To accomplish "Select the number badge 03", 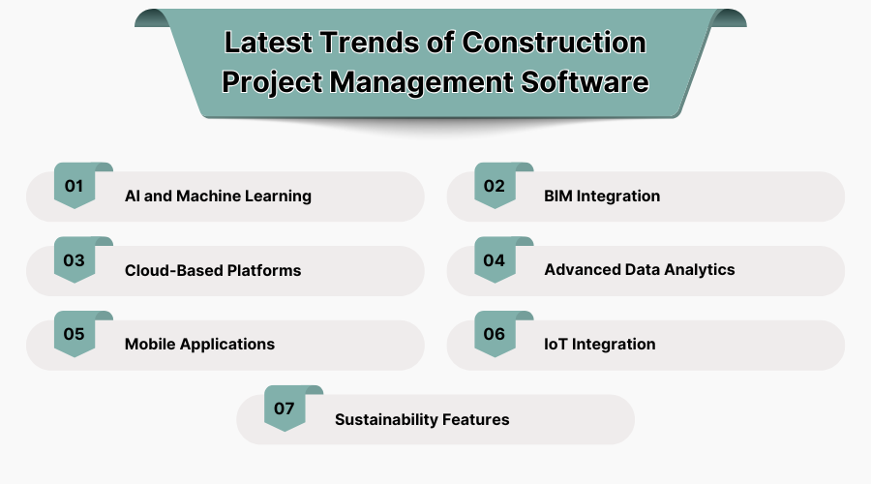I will pyautogui.click(x=75, y=260).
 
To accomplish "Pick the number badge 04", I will pyautogui.click(x=495, y=260).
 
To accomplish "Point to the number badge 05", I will pyautogui.click(x=75, y=334).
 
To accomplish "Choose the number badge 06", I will pyautogui.click(x=495, y=334).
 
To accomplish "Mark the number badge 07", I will pyautogui.click(x=285, y=408).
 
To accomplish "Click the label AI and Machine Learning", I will pyautogui.click(x=218, y=196).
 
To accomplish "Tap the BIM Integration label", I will pyautogui.click(x=602, y=196).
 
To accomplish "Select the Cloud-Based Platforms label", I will pyautogui.click(x=213, y=270).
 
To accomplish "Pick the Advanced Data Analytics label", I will pyautogui.click(x=640, y=270).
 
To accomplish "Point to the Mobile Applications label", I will pyautogui.click(x=199, y=344).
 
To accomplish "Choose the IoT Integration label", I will pyautogui.click(x=600, y=344).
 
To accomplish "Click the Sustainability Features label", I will pyautogui.click(x=422, y=419).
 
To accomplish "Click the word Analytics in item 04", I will pyautogui.click(x=699, y=270).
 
